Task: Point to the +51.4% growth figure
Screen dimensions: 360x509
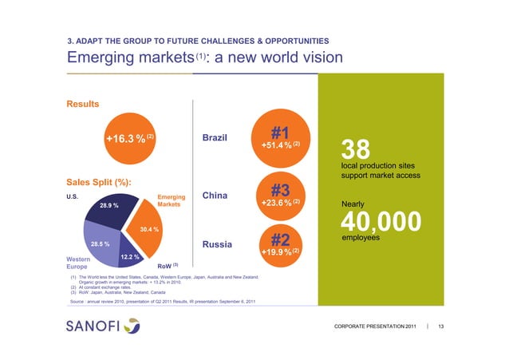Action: [x=278, y=145]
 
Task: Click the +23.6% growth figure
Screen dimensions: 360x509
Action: [x=278, y=204]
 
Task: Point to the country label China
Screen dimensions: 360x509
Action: [x=218, y=196]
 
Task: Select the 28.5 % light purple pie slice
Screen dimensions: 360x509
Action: [x=101, y=243]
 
